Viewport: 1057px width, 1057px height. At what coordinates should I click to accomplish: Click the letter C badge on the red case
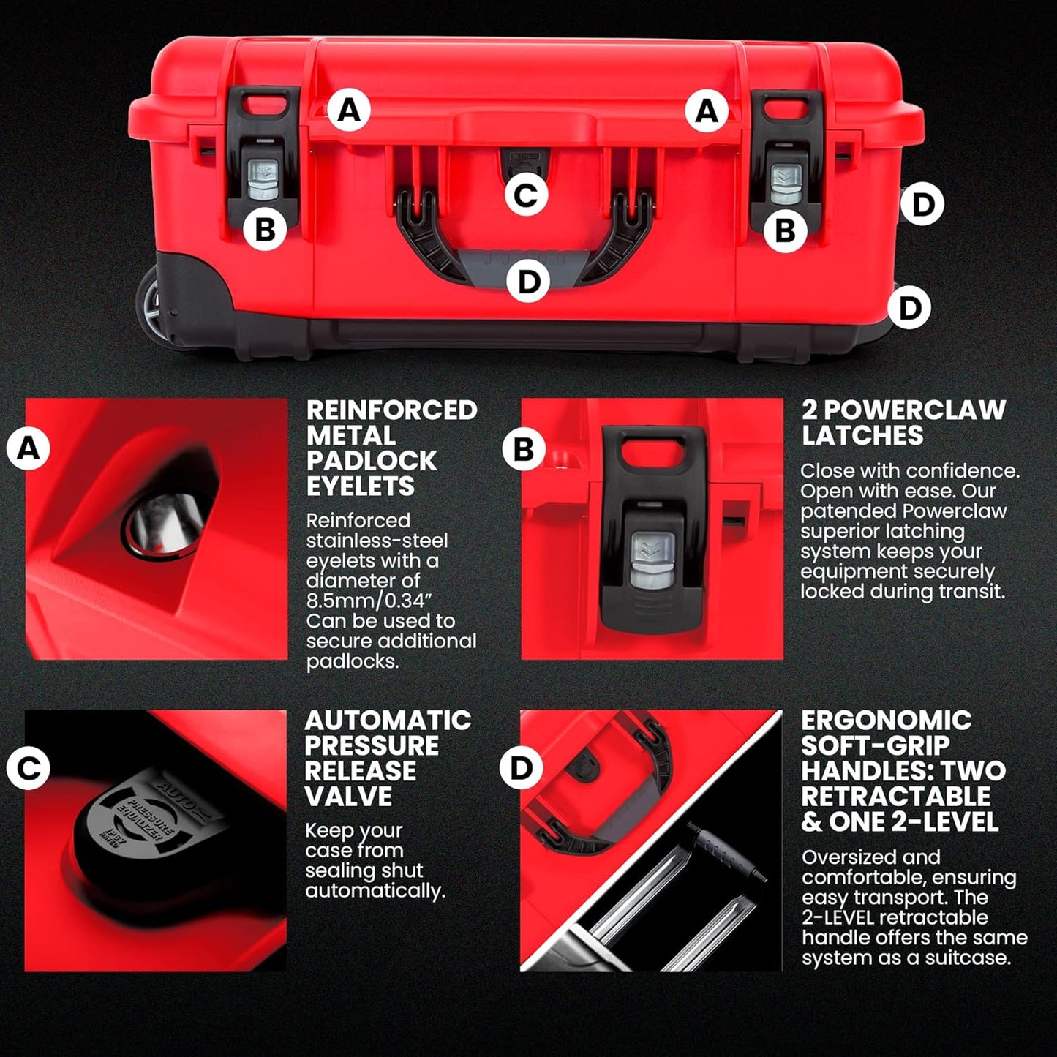click(x=526, y=195)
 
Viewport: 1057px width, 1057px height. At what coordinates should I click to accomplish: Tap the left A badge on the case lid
click(x=349, y=110)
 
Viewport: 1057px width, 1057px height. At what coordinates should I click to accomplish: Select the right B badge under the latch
click(x=785, y=231)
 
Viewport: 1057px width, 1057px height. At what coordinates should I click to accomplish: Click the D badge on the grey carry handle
click(x=528, y=282)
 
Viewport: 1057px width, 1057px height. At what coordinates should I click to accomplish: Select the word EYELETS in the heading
click(x=360, y=486)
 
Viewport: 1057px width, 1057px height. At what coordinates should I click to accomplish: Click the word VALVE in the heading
click(x=348, y=797)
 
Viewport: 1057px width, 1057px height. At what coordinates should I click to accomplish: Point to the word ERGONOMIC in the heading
click(x=886, y=721)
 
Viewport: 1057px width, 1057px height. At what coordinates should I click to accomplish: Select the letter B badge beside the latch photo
click(x=524, y=448)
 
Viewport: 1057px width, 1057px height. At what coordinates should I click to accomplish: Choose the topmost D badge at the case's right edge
click(x=922, y=204)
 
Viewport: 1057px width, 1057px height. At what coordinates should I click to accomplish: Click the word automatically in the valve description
click(x=375, y=891)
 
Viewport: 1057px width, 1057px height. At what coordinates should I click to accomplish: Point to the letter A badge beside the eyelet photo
click(x=28, y=448)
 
